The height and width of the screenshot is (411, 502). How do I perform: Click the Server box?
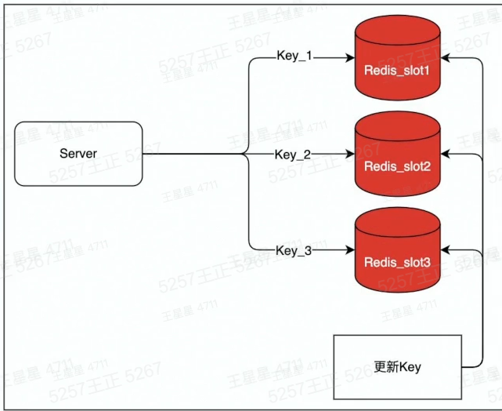[78, 154]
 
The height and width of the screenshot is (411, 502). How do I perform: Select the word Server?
[78, 153]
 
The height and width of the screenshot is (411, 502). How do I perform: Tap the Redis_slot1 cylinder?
[398, 58]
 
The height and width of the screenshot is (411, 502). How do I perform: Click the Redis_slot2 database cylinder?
[398, 154]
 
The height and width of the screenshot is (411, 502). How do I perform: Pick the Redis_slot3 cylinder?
[398, 249]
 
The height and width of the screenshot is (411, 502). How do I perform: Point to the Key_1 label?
[294, 56]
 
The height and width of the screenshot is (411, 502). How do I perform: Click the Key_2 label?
[293, 155]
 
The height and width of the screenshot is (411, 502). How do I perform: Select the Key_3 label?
[294, 251]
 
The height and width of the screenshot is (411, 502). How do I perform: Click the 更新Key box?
[398, 367]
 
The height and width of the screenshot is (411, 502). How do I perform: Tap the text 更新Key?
[398, 367]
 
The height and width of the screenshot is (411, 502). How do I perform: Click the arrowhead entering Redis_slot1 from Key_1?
[350, 58]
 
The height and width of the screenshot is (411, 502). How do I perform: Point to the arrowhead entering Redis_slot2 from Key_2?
[350, 154]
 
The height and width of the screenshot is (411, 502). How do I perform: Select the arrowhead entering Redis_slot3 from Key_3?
[350, 249]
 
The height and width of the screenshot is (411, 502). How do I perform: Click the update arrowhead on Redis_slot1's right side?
[446, 58]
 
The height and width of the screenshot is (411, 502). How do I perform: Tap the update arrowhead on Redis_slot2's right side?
[446, 154]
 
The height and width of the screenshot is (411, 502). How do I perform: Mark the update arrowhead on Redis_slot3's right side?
[446, 249]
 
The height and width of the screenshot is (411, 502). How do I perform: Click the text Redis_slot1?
[397, 71]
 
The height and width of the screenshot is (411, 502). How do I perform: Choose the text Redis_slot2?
[397, 167]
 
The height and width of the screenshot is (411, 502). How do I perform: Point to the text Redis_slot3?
[397, 263]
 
